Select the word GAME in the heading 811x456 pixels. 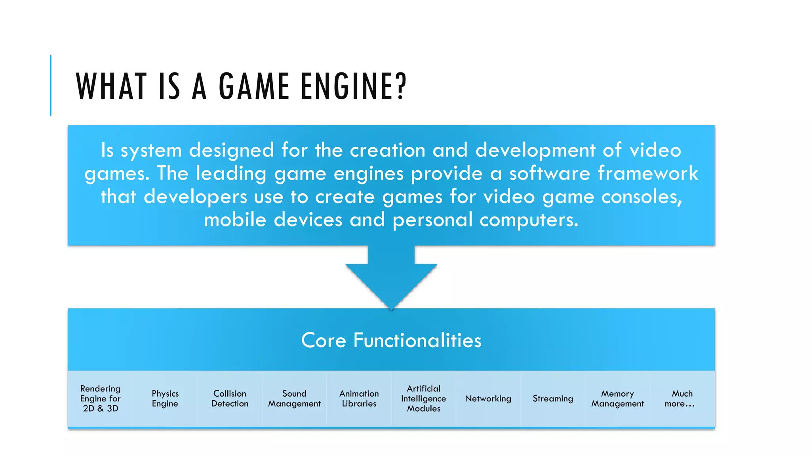pyautogui.click(x=254, y=86)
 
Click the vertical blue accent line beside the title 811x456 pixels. pyautogui.click(x=51, y=85)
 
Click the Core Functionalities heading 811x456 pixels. pyautogui.click(x=391, y=340)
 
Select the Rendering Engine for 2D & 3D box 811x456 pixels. pyautogui.click(x=100, y=399)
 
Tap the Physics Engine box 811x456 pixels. pyautogui.click(x=165, y=399)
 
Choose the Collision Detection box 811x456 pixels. pyautogui.click(x=230, y=399)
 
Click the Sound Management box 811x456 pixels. pyautogui.click(x=294, y=399)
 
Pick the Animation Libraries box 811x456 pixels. pyautogui.click(x=359, y=399)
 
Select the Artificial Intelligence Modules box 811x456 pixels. pyautogui.click(x=423, y=399)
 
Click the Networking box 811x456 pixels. pyautogui.click(x=488, y=399)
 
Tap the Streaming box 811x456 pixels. pyautogui.click(x=553, y=399)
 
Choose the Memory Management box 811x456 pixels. pyautogui.click(x=617, y=399)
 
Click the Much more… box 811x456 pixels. pyautogui.click(x=681, y=399)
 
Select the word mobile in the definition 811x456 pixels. pyautogui.click(x=235, y=220)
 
